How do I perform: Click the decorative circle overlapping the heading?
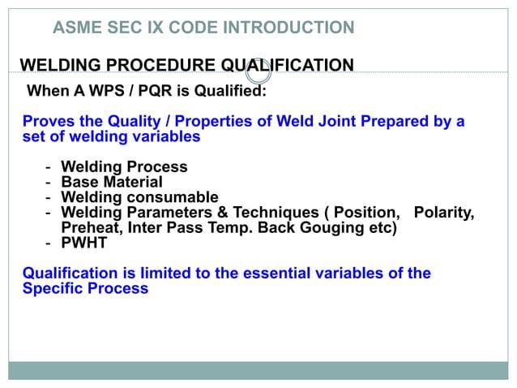pos(258,71)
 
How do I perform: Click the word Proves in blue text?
pos(47,122)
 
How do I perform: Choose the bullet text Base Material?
pos(112,183)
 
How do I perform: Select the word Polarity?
pos(443,213)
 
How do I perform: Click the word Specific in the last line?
pos(51,288)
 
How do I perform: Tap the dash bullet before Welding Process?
pos(49,167)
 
